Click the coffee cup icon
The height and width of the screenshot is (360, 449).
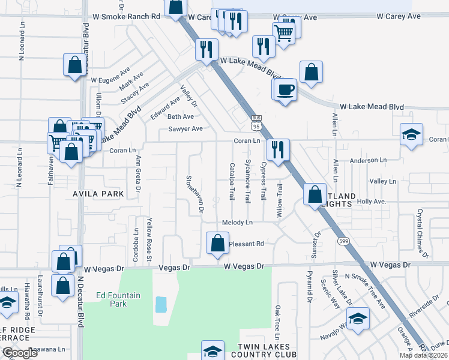[x=287, y=89]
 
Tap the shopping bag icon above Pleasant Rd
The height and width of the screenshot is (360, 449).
[x=217, y=243]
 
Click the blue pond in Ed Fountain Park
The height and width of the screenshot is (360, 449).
[x=161, y=304]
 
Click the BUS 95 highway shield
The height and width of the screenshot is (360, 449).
[x=256, y=123]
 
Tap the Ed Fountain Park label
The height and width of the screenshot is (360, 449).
[x=112, y=299]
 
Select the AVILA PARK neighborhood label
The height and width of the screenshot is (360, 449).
[x=98, y=194]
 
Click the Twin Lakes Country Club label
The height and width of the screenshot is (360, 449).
[x=264, y=351]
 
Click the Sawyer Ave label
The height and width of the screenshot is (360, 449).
[x=185, y=128]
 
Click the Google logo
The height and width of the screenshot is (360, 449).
[x=20, y=353]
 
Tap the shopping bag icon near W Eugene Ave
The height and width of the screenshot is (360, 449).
[x=74, y=67]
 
